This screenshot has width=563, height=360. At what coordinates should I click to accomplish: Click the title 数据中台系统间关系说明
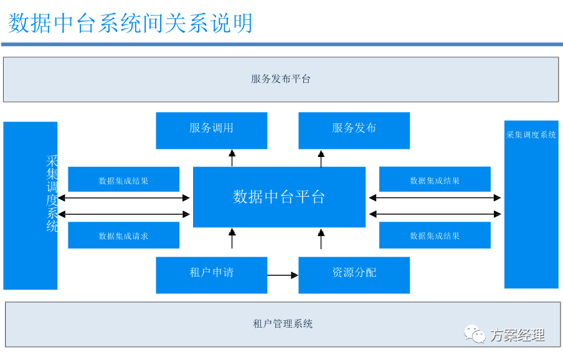tap(131, 23)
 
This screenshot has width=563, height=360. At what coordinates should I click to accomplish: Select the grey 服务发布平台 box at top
tap(281, 79)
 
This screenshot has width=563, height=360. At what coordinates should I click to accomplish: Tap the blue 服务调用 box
tap(211, 130)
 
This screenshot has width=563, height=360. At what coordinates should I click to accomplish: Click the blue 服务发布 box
tap(354, 130)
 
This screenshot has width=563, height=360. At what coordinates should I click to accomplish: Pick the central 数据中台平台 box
tap(279, 197)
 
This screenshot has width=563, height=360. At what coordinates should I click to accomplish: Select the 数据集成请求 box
tap(123, 235)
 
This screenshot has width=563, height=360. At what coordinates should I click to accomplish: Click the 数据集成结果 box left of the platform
tap(123, 180)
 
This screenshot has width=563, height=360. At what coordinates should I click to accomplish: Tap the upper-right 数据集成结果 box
tap(435, 180)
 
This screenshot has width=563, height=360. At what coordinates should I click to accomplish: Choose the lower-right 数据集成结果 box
tap(435, 235)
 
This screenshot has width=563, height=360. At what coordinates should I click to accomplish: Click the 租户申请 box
tap(211, 275)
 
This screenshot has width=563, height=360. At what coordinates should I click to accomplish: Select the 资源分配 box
tap(354, 275)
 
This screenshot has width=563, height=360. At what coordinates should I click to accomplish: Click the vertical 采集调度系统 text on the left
tap(52, 193)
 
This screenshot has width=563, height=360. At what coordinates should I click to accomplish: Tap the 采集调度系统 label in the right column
tap(531, 135)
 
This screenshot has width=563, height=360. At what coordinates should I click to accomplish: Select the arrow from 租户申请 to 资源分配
tap(283, 275)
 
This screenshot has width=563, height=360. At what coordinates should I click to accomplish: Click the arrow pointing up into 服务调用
tap(232, 158)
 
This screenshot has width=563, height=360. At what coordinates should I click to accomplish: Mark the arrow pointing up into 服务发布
tap(321, 158)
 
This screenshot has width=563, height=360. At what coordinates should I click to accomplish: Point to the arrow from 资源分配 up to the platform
tap(321, 239)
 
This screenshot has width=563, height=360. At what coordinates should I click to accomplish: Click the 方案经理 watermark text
tap(517, 335)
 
